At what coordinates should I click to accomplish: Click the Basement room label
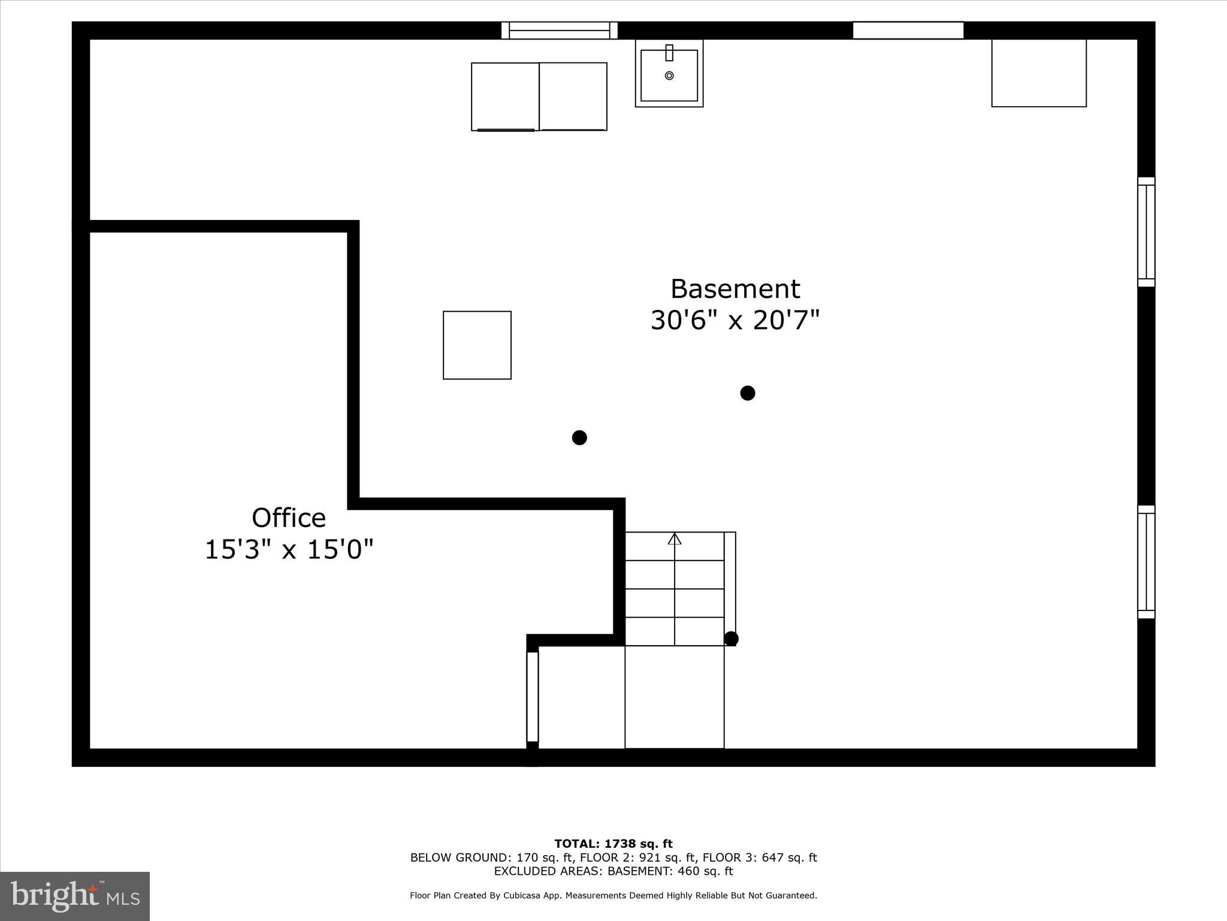click(735, 289)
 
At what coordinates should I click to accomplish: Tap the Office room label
click(288, 518)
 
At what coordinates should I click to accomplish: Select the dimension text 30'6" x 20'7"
click(735, 320)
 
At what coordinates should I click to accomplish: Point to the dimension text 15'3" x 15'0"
click(289, 549)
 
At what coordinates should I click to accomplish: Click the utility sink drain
click(669, 76)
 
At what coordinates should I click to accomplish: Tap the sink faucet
click(669, 53)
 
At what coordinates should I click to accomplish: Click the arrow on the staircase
click(675, 538)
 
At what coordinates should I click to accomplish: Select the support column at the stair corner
click(731, 639)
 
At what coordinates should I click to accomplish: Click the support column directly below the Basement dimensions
click(747, 393)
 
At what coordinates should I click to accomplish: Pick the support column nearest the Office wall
click(579, 438)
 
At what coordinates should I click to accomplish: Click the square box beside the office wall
click(477, 345)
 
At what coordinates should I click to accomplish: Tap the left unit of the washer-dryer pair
click(505, 97)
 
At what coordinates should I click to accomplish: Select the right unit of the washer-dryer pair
click(573, 97)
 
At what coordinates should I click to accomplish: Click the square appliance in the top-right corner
click(1039, 73)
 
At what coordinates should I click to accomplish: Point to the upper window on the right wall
click(1146, 232)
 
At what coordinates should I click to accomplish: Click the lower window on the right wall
click(1146, 562)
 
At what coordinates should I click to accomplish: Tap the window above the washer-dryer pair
click(560, 31)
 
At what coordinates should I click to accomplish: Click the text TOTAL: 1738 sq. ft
click(613, 844)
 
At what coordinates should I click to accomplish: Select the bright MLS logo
click(75, 896)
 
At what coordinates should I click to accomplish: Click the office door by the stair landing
click(533, 697)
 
